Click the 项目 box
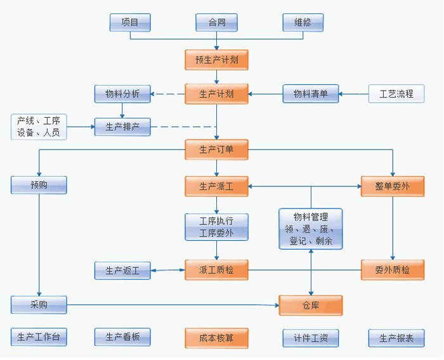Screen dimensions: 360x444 click(x=130, y=22)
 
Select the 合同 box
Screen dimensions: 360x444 click(x=216, y=22)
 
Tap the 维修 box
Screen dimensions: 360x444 click(x=303, y=22)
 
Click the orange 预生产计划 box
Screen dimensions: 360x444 click(x=216, y=60)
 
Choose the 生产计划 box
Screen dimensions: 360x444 click(x=216, y=94)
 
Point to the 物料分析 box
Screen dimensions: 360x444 click(x=122, y=94)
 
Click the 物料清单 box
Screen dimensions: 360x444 click(x=310, y=94)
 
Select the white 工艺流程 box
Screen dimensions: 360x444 click(x=396, y=94)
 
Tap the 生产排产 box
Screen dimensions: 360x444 click(x=122, y=127)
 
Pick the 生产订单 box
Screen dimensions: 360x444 click(x=216, y=150)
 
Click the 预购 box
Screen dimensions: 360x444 click(x=39, y=185)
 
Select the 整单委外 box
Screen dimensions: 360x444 click(x=393, y=186)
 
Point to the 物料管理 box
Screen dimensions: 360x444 click(x=311, y=229)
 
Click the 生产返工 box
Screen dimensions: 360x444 click(x=122, y=271)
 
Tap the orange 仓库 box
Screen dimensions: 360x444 click(x=311, y=305)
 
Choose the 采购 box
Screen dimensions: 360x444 click(x=39, y=305)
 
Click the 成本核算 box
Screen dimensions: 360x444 click(x=216, y=338)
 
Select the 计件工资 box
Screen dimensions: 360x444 click(x=310, y=338)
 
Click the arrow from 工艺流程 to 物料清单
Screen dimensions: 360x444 click(x=353, y=94)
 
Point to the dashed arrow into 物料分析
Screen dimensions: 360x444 click(x=168, y=94)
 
